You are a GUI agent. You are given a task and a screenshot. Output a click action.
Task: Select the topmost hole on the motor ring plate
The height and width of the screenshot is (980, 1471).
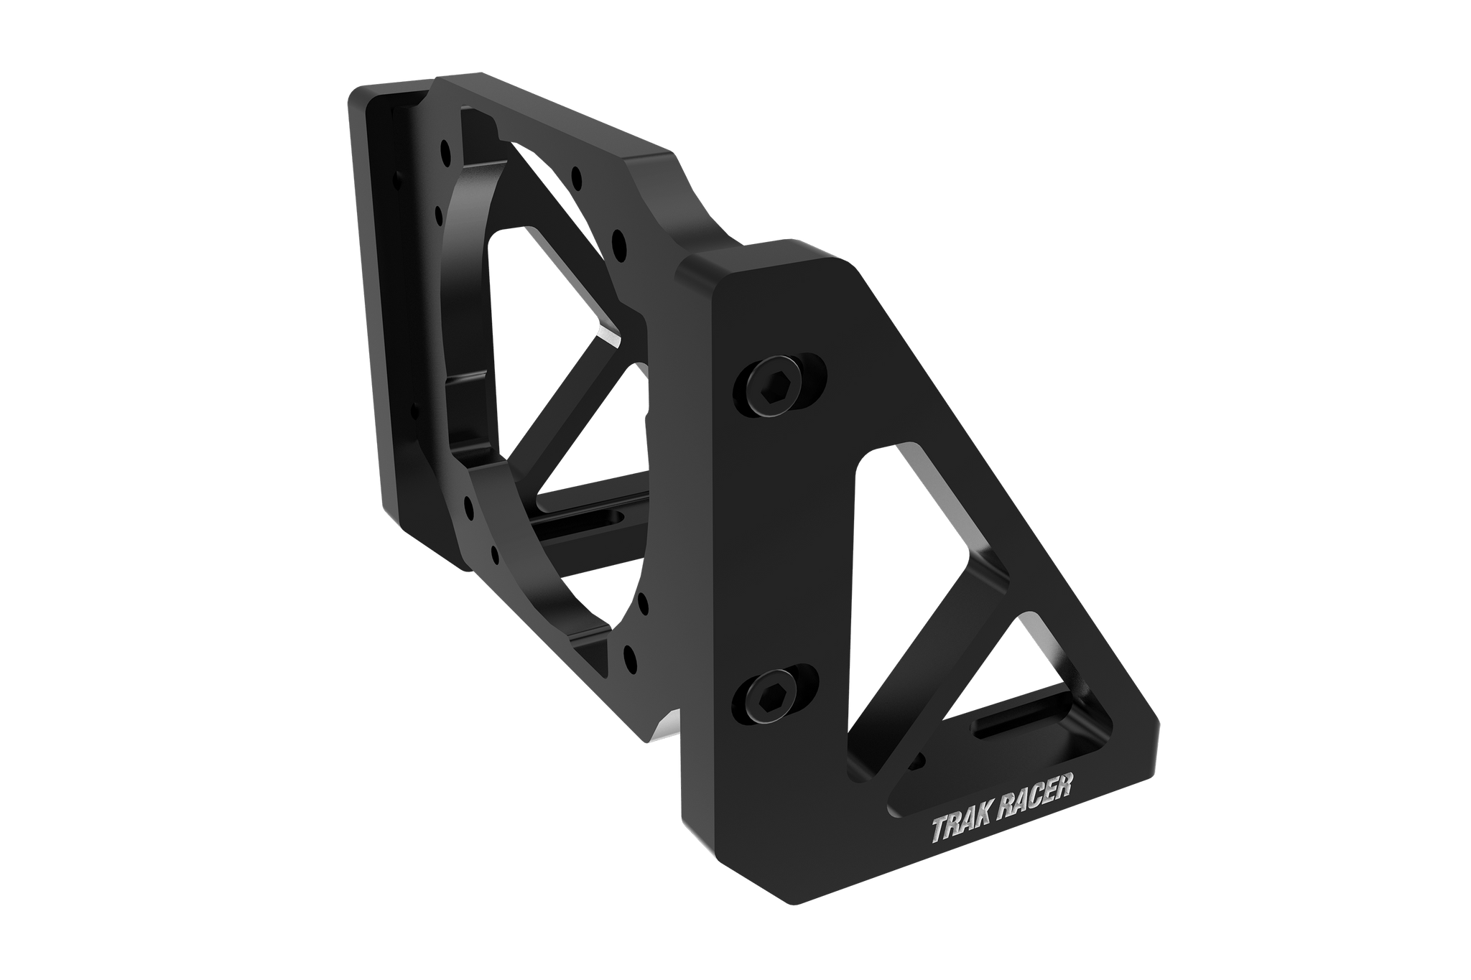[x=447, y=151]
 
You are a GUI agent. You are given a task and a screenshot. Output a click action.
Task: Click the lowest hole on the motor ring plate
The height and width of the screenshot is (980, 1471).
[x=630, y=655]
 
